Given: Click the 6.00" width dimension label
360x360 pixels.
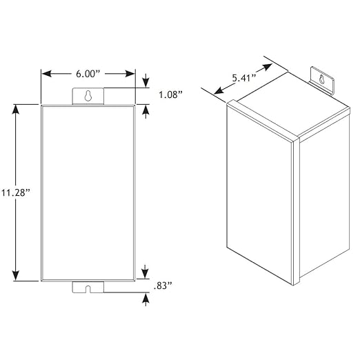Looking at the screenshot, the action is (88, 74).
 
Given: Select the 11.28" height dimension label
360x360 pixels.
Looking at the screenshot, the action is (16, 192).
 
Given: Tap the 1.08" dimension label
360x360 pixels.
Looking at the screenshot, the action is (171, 94).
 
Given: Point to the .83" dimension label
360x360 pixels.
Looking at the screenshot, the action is (163, 286).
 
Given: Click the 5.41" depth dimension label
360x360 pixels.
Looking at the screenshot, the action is (244, 78).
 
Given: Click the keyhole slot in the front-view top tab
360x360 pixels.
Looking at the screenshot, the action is (88, 96).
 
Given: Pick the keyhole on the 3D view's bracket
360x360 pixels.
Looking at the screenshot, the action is (322, 79).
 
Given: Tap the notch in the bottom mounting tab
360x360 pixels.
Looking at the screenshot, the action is (88, 289).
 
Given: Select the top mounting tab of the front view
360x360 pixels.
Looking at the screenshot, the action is (88, 97).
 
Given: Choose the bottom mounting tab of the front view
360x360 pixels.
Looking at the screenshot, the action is (88, 287).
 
